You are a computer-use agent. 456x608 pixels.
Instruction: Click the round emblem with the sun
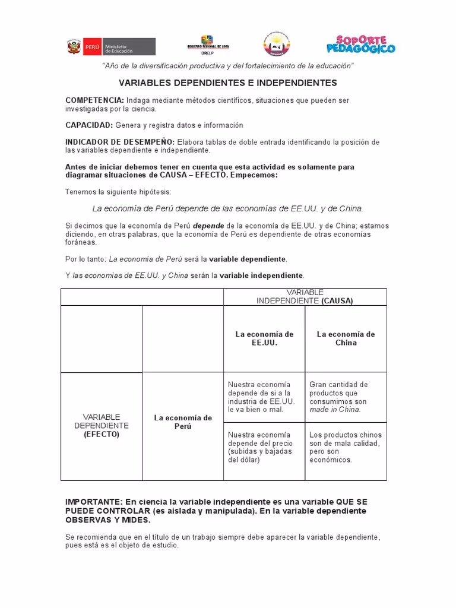pos(277,45)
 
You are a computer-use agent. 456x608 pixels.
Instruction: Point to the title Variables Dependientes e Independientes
pos(228,83)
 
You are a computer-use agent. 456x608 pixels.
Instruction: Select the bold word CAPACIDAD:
pos(89,125)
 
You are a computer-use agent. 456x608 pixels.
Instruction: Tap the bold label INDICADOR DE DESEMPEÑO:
pos(120,142)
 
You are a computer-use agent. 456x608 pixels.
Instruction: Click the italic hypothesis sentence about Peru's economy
pos(228,208)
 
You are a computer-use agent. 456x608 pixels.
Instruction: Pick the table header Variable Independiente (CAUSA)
pos(305,297)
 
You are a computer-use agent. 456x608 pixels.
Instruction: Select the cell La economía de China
pos(346,338)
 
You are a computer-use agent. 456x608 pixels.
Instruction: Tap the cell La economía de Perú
pos(183,422)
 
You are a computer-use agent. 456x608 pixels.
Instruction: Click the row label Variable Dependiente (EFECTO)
pos(101,426)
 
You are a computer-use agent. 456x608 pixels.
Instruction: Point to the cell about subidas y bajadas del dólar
pos(260,447)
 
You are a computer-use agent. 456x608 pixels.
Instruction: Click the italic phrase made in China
pos(335,410)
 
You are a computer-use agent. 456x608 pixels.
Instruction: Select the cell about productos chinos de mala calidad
pos(345,447)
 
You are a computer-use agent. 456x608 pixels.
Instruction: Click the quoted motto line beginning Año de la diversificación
pos(228,65)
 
